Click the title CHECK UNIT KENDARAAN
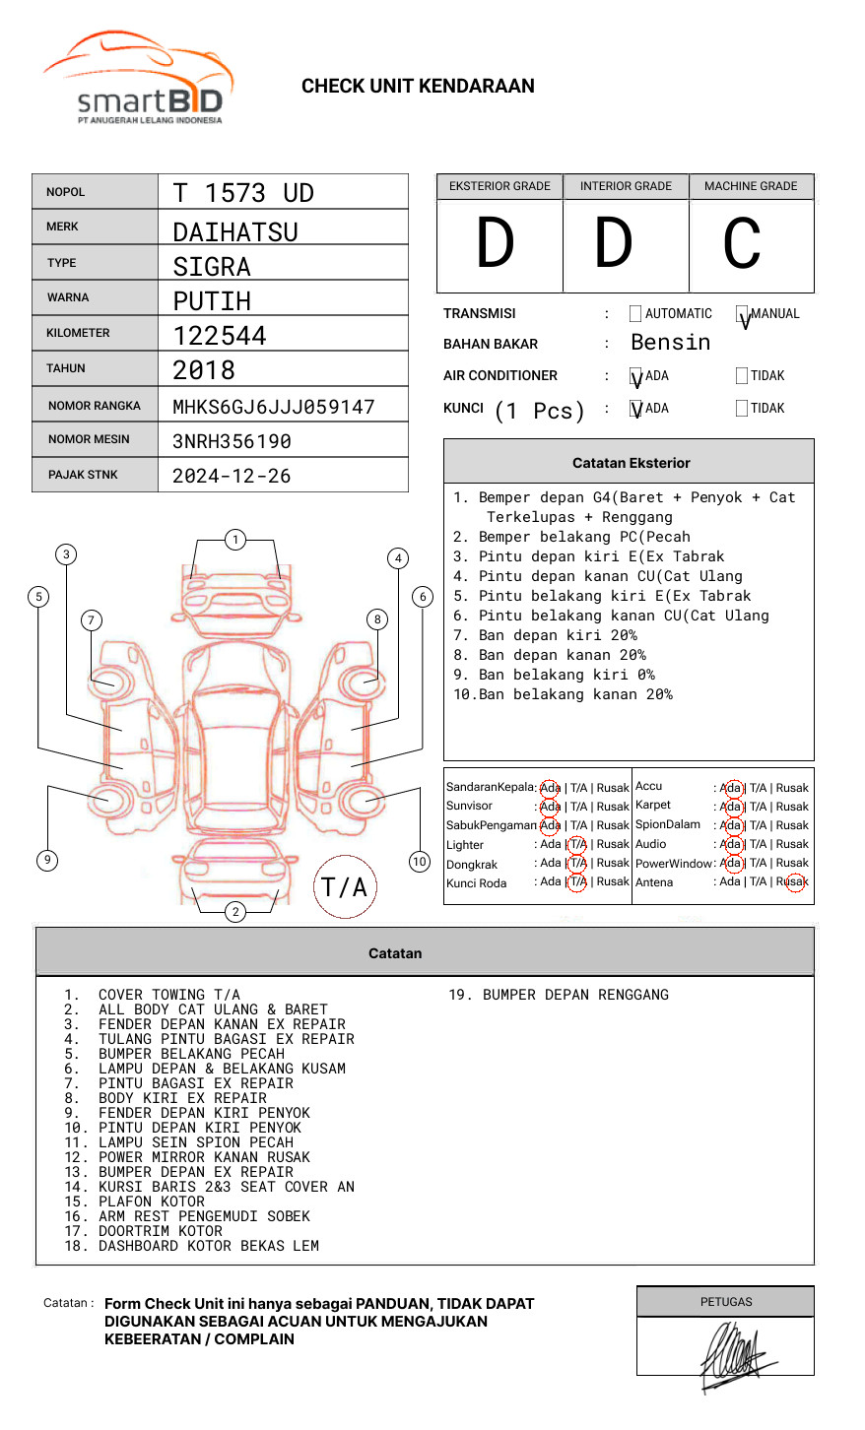tap(418, 87)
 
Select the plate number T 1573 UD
tap(243, 193)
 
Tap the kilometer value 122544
tap(220, 336)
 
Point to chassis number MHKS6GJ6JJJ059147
tap(274, 407)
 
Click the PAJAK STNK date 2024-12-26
tap(232, 476)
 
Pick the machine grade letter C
tap(742, 244)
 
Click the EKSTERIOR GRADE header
tap(499, 186)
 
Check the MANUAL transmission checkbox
tap(742, 314)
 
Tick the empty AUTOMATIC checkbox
tap(635, 314)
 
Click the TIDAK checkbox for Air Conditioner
tap(742, 376)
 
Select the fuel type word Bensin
tap(670, 343)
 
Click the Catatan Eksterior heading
tap(631, 463)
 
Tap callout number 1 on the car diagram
tap(234, 540)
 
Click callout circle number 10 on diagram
tap(420, 862)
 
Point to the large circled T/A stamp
tap(345, 886)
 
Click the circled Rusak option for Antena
tap(794, 882)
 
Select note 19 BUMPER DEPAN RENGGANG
tap(559, 995)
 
